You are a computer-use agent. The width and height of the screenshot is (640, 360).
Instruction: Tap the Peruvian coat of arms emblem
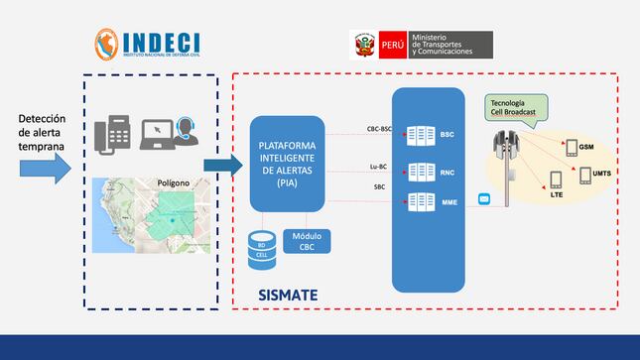(362, 45)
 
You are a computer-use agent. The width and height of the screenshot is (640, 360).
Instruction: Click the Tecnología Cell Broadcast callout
(513, 107)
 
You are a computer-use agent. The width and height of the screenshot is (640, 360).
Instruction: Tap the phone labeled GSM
(572, 149)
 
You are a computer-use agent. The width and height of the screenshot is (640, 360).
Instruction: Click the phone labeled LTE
(555, 181)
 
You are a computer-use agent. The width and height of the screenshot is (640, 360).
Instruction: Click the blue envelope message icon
(485, 198)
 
